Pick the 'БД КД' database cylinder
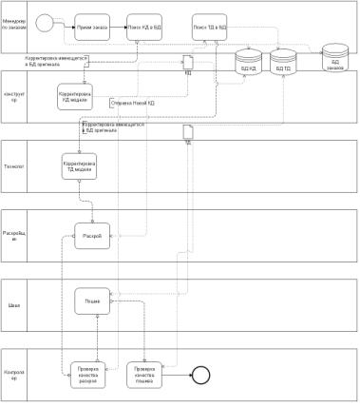249,64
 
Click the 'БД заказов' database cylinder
334,57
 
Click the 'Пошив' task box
93,301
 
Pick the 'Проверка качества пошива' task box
144,374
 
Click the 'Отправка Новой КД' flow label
133,102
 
